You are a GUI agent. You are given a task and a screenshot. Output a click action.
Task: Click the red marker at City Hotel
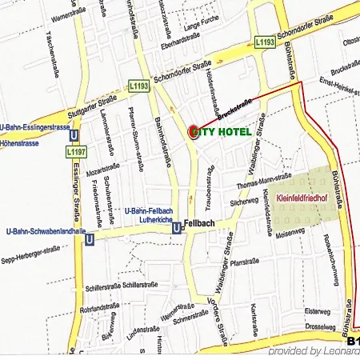[194, 131]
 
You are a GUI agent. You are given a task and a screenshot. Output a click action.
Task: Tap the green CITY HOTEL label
[225, 131]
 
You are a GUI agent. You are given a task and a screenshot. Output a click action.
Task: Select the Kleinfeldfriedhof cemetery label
[302, 197]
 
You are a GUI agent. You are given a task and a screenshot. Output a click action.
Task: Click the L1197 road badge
[75, 150]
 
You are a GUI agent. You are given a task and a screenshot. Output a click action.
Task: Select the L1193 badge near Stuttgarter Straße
[138, 84]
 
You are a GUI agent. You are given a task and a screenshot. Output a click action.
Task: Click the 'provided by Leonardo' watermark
[312, 351]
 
